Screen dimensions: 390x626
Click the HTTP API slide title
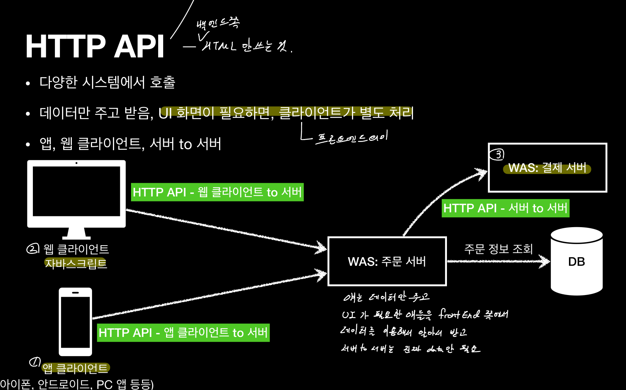[x=95, y=46]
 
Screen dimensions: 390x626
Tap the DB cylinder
[x=577, y=261]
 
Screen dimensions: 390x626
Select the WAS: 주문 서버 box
[x=387, y=261]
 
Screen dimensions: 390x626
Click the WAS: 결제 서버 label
[x=547, y=168]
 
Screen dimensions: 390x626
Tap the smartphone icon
[x=75, y=321]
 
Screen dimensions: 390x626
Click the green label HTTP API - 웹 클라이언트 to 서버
[x=217, y=192]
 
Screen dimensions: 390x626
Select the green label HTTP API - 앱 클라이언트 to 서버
[x=183, y=333]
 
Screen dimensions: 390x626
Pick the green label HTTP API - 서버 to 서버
[x=505, y=208]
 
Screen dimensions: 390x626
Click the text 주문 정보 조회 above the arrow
[x=498, y=249]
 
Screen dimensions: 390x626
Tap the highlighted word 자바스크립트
[x=76, y=264]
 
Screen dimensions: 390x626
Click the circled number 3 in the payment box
[x=497, y=155]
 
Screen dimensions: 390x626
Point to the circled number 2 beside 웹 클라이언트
[x=33, y=248]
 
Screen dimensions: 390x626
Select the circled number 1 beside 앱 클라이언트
[x=35, y=361]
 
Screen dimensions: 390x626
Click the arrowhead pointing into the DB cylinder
[x=544, y=261]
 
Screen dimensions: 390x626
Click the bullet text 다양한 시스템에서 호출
[x=107, y=82]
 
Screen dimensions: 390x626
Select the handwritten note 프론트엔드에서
[x=351, y=138]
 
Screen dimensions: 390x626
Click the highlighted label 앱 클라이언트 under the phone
[x=75, y=368]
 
